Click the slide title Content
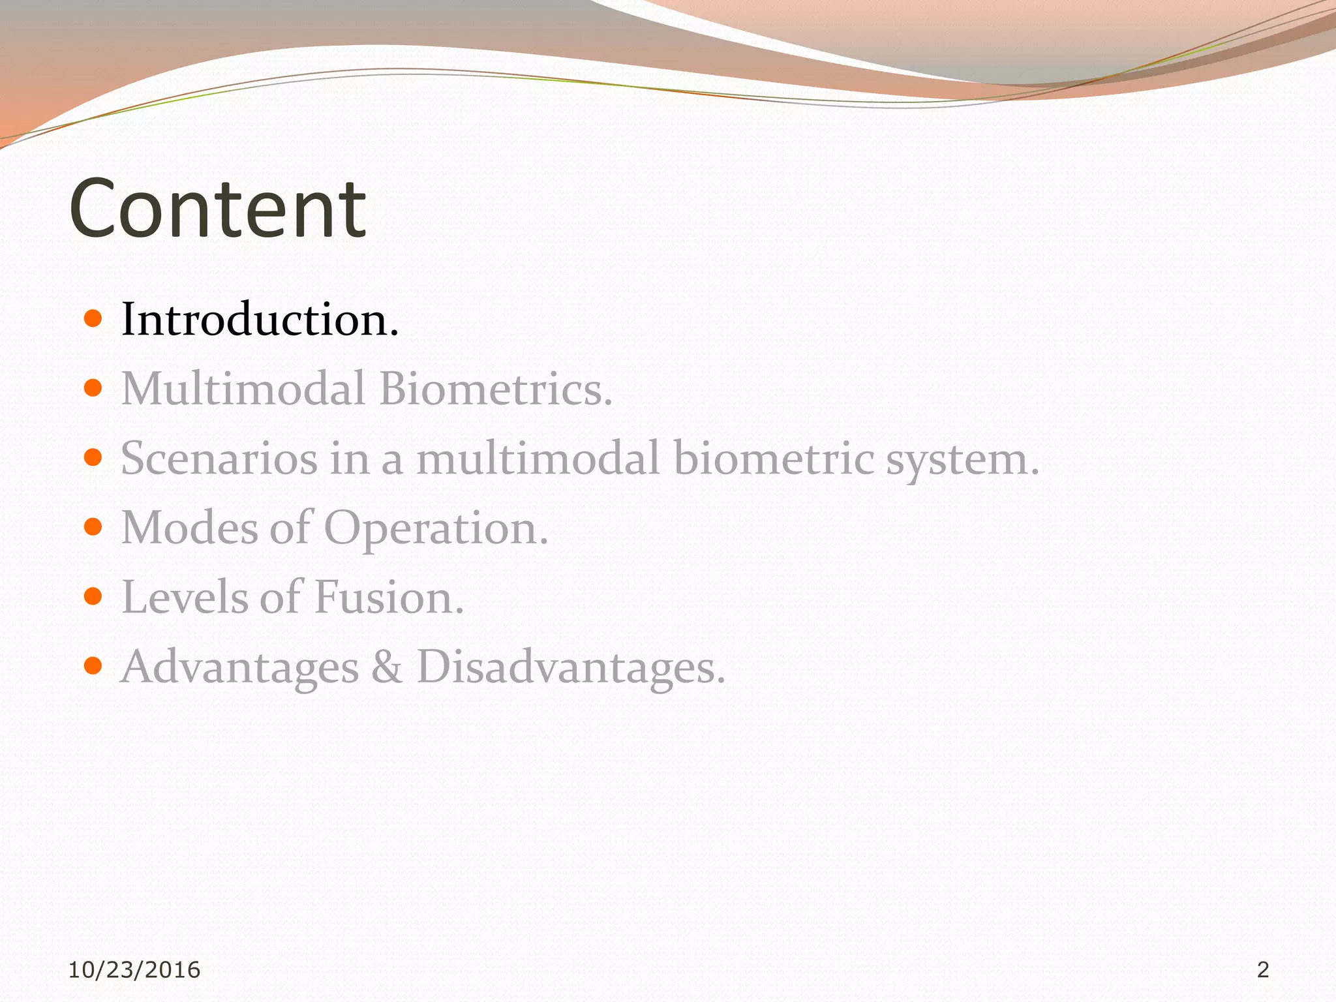tap(217, 209)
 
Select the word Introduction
tap(260, 320)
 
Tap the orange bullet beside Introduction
tap(93, 319)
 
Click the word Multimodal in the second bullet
tap(243, 389)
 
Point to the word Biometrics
tap(496, 389)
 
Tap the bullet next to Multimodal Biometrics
tap(93, 389)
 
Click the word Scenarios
tap(219, 458)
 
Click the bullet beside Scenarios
tap(93, 458)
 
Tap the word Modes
tap(189, 528)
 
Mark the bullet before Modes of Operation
tap(93, 527)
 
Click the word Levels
tap(185, 597)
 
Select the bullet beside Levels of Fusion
tap(93, 596)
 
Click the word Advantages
tap(240, 668)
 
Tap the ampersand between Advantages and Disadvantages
tap(387, 667)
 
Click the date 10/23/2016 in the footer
tap(134, 970)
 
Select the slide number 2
tap(1263, 970)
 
